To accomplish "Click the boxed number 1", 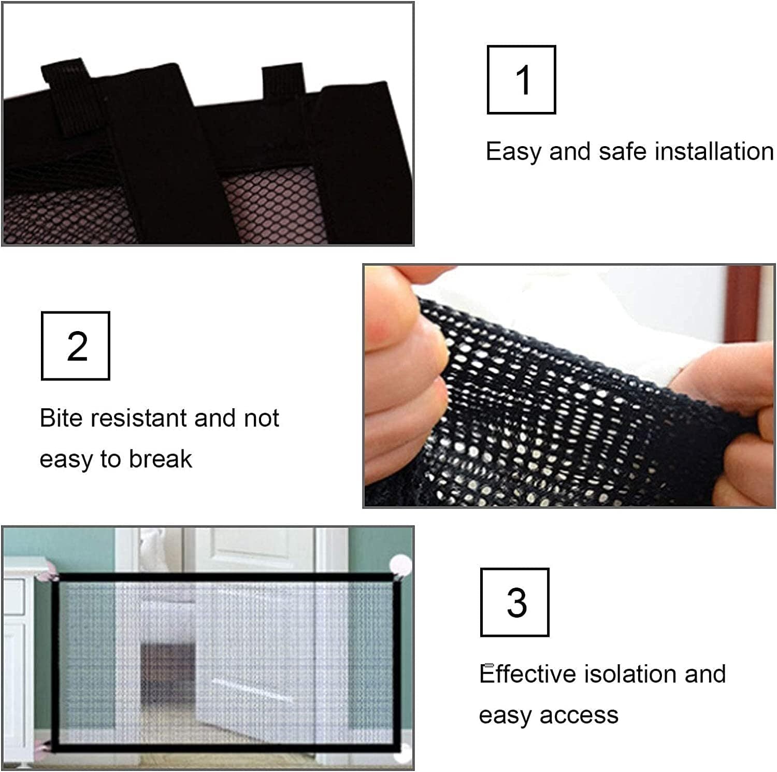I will tap(522, 80).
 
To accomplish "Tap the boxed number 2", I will tap(76, 346).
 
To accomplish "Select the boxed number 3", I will tap(515, 603).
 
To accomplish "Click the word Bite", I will tap(61, 418).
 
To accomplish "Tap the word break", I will tap(160, 459).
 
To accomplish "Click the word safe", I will tap(623, 152).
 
